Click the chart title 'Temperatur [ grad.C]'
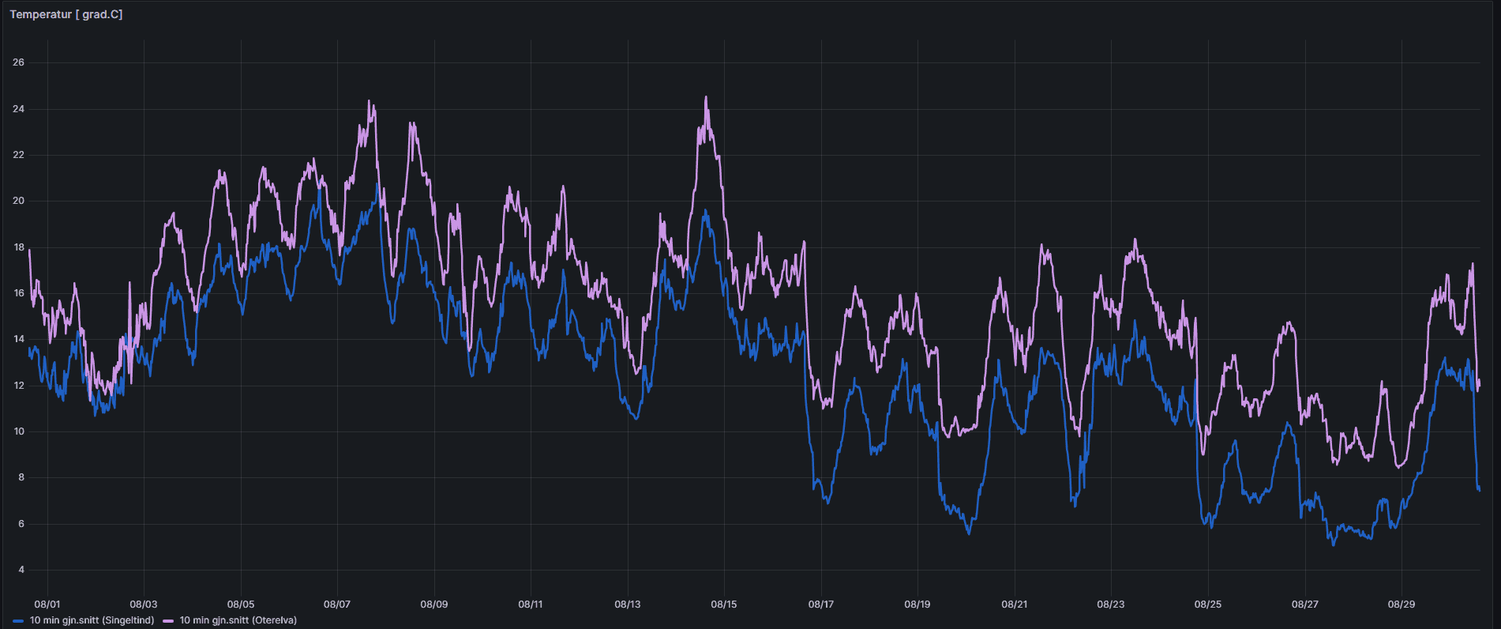pos(66,14)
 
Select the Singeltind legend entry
pos(92,620)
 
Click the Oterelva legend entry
pos(238,620)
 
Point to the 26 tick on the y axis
pos(18,62)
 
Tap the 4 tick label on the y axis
pos(21,570)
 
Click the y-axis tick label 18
pos(18,247)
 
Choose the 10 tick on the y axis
pos(18,431)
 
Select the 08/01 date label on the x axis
pos(47,605)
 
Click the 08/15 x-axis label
pos(724,605)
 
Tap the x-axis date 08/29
pos(1402,605)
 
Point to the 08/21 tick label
pos(1015,605)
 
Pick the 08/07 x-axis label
pos(337,605)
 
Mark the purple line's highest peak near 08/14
pos(706,97)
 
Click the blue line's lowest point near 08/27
pos(1334,545)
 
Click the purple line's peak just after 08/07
pos(370,101)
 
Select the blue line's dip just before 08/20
pos(970,534)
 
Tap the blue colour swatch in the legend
pos(18,621)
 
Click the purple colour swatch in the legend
pos(168,621)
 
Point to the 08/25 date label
pos(1208,605)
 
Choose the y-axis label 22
pos(18,155)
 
